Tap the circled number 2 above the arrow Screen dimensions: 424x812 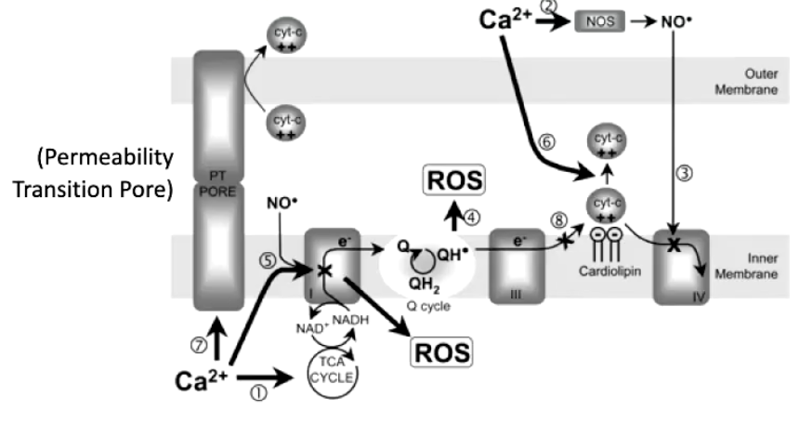tap(549, 6)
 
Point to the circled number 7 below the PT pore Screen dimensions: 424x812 tap(196, 344)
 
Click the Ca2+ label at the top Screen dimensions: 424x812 tap(507, 20)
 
